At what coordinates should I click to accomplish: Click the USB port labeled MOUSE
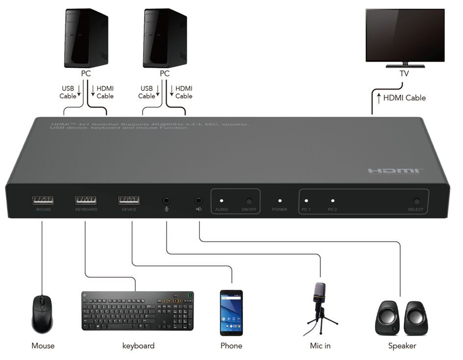click(x=43, y=200)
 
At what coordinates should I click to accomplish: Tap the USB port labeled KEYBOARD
click(x=86, y=200)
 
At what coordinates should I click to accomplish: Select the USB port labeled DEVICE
click(x=128, y=200)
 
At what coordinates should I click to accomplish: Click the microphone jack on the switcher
click(x=167, y=200)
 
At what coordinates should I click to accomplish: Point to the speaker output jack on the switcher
click(x=199, y=200)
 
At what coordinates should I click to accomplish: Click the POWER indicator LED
click(x=279, y=201)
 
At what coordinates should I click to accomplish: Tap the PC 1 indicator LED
click(x=306, y=201)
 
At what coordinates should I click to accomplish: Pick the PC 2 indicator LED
click(x=333, y=201)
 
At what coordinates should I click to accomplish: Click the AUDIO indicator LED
click(x=221, y=201)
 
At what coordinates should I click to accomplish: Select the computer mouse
click(x=42, y=314)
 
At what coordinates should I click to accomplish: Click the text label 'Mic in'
click(x=320, y=346)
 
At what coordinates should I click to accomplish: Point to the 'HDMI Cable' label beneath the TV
click(x=404, y=97)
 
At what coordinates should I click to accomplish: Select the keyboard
click(x=138, y=311)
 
